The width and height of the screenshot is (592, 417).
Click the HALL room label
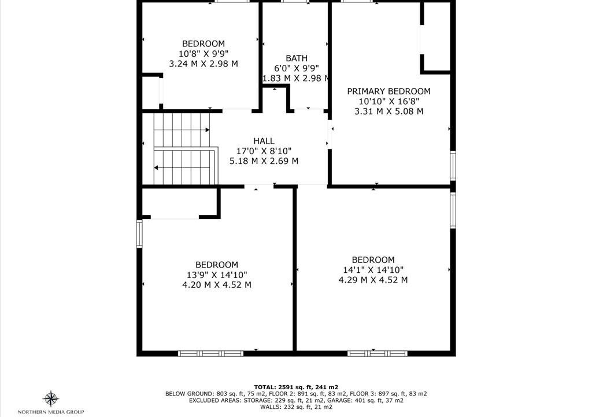pos(264,141)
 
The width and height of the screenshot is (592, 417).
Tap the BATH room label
pos(297,58)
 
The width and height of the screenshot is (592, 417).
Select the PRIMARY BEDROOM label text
pos(389,91)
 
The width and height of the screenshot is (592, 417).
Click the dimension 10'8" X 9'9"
pos(203,53)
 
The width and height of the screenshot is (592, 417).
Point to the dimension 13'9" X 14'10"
pos(217,275)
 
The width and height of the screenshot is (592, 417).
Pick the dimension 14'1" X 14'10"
pos(373,270)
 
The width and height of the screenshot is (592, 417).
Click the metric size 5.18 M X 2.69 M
pos(264,161)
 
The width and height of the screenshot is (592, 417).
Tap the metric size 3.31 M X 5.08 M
pos(389,111)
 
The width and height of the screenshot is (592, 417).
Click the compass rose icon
pos(51,398)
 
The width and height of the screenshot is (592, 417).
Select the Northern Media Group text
pos(51,412)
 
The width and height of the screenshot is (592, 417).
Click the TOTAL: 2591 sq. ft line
pos(296,387)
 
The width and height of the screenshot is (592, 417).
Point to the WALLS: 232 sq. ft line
pos(296,407)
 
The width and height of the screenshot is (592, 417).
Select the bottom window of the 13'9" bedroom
pos(210,353)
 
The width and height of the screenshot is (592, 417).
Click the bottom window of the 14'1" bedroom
pos(378,353)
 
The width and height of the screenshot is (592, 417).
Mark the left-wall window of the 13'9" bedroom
pos(139,234)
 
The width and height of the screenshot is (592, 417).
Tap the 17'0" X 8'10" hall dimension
pos(264,151)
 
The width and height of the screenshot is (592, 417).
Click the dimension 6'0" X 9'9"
pos(297,68)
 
